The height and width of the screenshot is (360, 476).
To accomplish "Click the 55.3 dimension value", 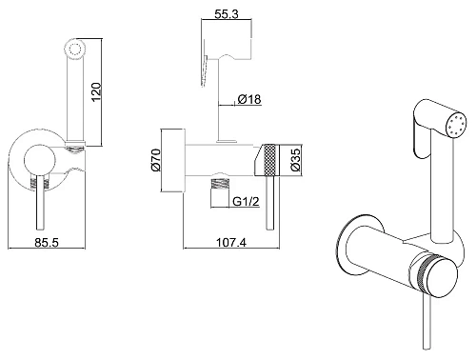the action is [x=227, y=14].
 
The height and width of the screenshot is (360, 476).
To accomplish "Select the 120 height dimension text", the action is [x=96, y=92].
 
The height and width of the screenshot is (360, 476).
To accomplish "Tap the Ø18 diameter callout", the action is [x=249, y=99].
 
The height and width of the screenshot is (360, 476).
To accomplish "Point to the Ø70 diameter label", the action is [x=156, y=160].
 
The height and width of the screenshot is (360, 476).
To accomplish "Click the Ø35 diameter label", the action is [x=295, y=160].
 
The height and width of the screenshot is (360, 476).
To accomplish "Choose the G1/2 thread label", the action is [x=246, y=201].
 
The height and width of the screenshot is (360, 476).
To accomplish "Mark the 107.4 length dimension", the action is [x=231, y=242].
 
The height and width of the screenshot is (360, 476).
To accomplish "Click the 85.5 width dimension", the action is [x=47, y=243].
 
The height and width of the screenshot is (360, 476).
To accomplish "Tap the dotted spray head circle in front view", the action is [x=76, y=50].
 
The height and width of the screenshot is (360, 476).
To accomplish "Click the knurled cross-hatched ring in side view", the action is [x=270, y=160].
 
